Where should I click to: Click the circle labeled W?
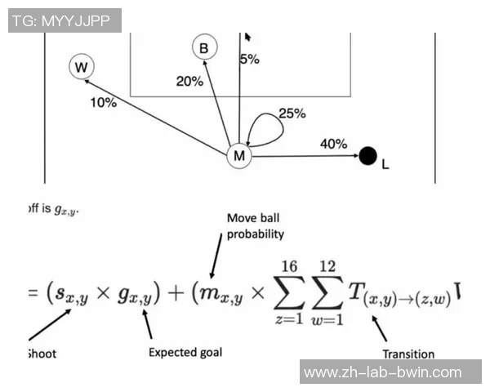80,67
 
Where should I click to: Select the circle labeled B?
204,48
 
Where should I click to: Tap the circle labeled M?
238,155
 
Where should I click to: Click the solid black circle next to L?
367,154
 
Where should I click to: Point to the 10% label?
104,103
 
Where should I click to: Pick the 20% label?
189,81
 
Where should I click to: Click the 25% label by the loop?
292,114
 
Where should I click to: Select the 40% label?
333,144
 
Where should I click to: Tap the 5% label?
249,59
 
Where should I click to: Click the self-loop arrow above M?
263,129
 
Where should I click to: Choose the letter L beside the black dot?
385,164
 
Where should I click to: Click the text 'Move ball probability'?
256,226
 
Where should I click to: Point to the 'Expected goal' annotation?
185,352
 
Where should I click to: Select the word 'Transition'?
408,354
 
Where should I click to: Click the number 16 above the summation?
289,266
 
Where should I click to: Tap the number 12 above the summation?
327,266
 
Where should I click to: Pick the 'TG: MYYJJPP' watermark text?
65,20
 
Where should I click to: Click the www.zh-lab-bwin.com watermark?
382,372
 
